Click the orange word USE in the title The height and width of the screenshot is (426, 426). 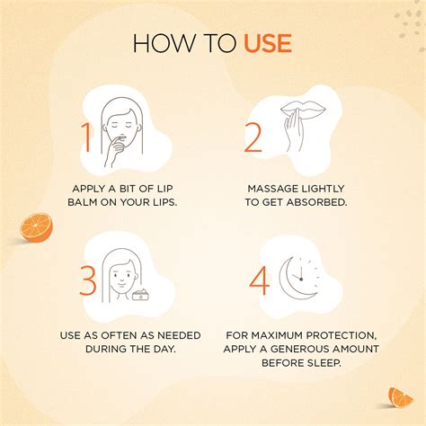[x=268, y=43]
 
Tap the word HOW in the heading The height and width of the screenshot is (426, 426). [x=164, y=43]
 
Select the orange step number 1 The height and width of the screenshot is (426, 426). [x=86, y=138]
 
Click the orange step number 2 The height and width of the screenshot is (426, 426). [x=253, y=138]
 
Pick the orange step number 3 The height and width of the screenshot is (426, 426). [x=88, y=281]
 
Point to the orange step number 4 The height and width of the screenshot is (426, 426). [x=260, y=281]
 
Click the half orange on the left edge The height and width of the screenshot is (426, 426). [x=36, y=227]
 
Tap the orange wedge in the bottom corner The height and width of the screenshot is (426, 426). [x=400, y=398]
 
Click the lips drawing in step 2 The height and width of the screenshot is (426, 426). [x=304, y=111]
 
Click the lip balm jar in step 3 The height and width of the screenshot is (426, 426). [x=141, y=295]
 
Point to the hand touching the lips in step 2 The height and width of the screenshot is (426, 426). [x=293, y=132]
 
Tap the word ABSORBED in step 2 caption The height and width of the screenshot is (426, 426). [x=316, y=202]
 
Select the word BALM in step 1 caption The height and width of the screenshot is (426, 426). [x=83, y=202]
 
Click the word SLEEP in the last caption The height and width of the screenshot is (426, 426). [x=324, y=363]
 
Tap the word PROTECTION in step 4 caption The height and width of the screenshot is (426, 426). [x=342, y=335]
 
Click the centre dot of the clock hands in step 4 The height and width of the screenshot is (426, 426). [x=301, y=280]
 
